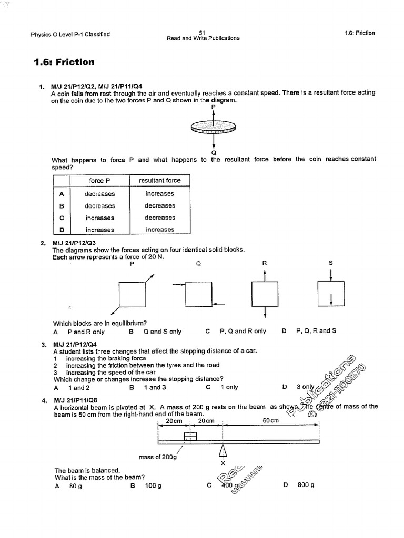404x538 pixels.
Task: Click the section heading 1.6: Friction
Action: pos(64,63)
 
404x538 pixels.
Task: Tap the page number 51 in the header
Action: pos(203,32)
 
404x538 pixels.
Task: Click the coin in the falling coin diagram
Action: pos(214,127)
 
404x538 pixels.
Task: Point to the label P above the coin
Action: pos(213,106)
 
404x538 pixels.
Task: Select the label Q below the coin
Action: pos(213,152)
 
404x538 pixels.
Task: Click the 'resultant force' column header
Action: pos(159,181)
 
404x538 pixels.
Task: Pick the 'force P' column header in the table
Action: pos(99,181)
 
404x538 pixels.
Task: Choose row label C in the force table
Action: pos(62,218)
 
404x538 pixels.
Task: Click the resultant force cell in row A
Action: pos(159,194)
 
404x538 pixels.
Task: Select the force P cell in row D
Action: pos(99,230)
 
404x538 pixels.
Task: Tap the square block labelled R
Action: pos(265,294)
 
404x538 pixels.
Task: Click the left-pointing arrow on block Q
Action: pos(219,304)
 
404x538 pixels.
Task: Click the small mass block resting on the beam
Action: pos(190,436)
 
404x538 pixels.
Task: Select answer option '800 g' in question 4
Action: pos(306,485)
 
